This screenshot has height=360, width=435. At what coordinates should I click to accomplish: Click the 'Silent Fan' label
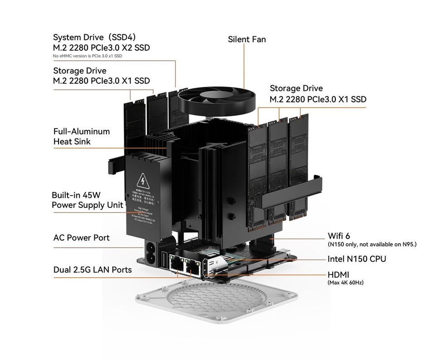[246, 39]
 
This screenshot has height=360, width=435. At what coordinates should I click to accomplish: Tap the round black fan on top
[217, 100]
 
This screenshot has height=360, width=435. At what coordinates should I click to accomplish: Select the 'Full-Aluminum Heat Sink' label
[82, 136]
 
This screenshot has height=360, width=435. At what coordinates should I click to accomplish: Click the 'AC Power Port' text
[82, 237]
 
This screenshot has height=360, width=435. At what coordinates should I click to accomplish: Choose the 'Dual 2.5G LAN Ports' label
[92, 270]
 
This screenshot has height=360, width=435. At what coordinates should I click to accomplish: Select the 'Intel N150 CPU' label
[357, 259]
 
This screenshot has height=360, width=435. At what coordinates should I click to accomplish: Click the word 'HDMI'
[338, 274]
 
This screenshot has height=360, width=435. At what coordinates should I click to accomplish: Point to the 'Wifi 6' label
[338, 236]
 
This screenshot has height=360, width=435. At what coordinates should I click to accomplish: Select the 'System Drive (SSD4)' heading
[94, 37]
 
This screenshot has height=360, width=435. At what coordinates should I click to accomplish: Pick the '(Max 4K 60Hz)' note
[345, 283]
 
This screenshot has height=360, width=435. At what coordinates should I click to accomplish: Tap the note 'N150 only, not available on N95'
[372, 245]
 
